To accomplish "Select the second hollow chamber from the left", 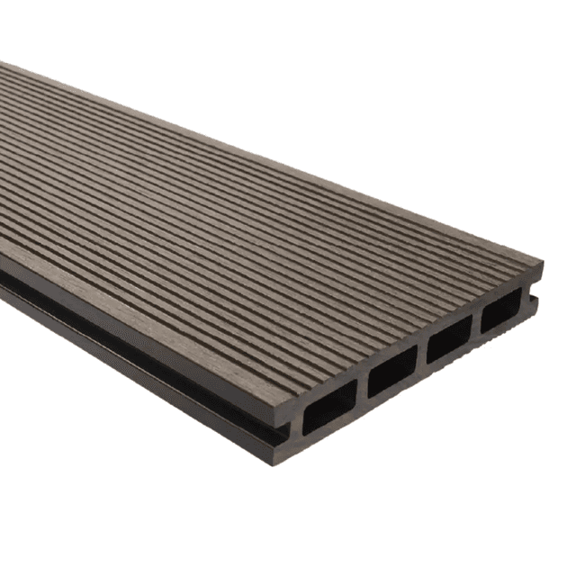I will pos(392,371).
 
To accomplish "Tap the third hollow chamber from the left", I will pos(450,339).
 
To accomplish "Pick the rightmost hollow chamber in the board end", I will pos(499,311).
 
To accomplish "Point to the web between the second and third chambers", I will pos(422,356).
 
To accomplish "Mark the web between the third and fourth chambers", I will pos(476,326).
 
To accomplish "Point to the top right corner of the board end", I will pos(542,264).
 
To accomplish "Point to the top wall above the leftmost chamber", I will pos(324,386).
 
